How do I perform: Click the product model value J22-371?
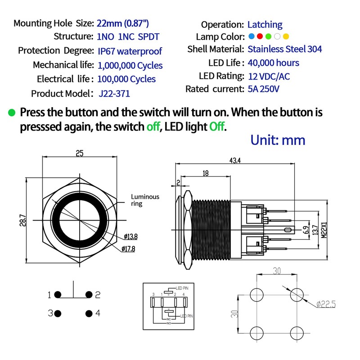coord(114,94)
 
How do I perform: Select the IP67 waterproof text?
coord(130,51)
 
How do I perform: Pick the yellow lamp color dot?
coord(286,36)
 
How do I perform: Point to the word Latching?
coord(265,24)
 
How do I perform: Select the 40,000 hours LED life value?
coord(273,63)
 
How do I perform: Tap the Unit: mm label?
coord(278,139)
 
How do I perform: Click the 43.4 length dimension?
coord(235,161)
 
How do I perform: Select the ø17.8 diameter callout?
coord(129,249)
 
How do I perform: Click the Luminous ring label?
coord(145,200)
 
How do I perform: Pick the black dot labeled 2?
coord(89,295)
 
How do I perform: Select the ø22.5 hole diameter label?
coord(325,305)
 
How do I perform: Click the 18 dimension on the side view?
coord(206,173)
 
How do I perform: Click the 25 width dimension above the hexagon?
coord(79,153)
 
